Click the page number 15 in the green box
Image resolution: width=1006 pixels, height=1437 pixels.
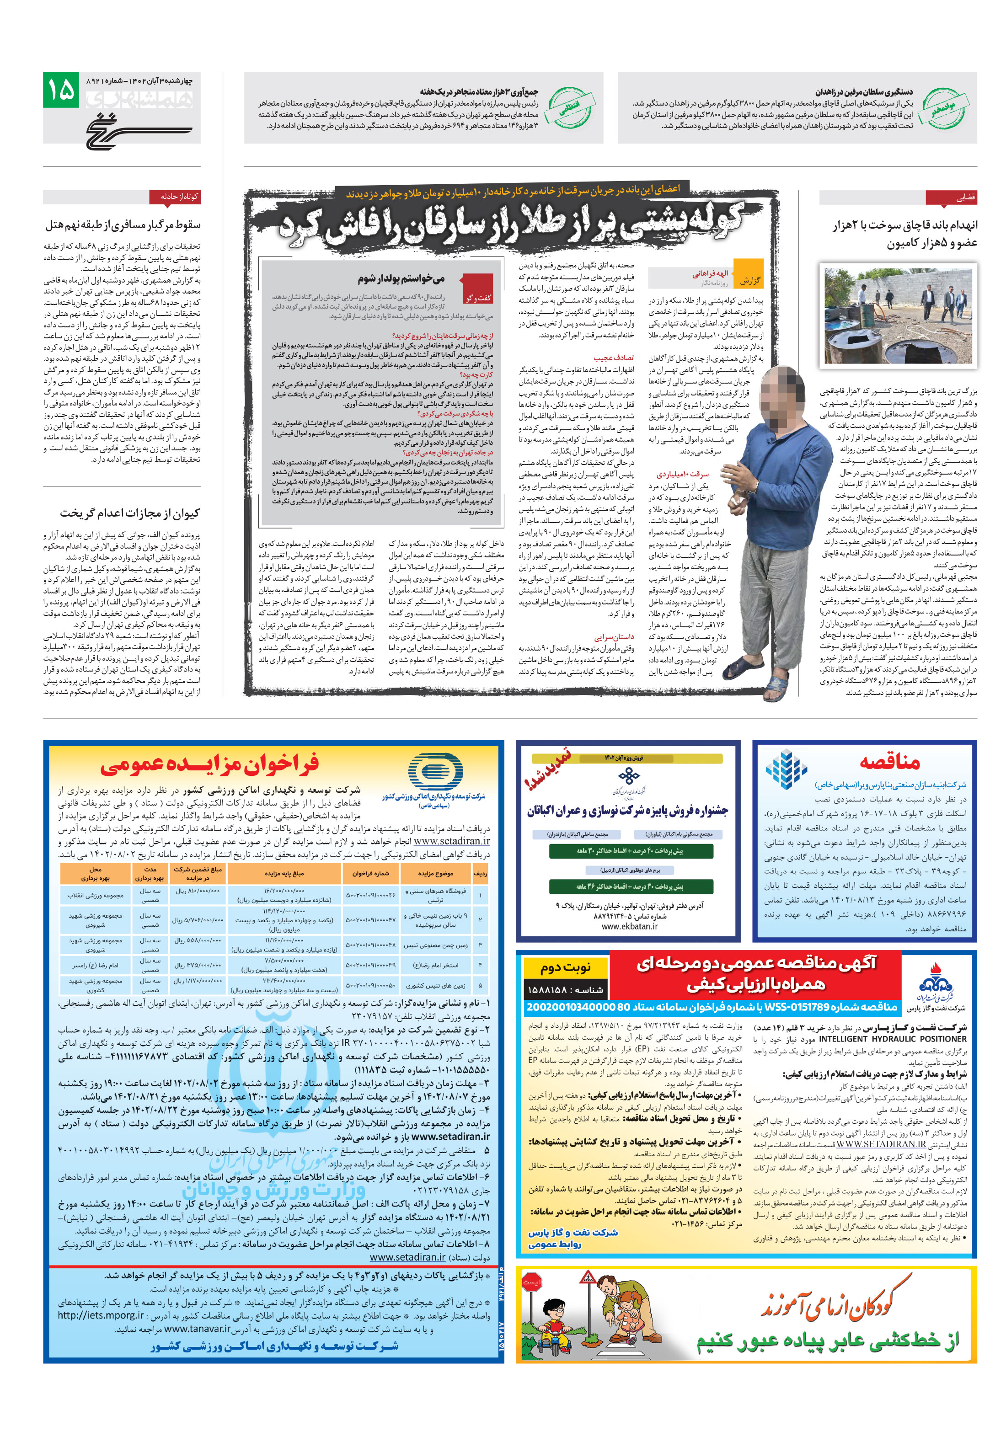(61, 90)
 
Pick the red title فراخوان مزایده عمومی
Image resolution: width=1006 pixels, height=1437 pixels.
(210, 764)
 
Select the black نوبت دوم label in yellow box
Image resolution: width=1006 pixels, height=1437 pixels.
(565, 967)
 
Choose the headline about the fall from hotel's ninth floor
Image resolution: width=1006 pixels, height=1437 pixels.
(123, 224)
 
